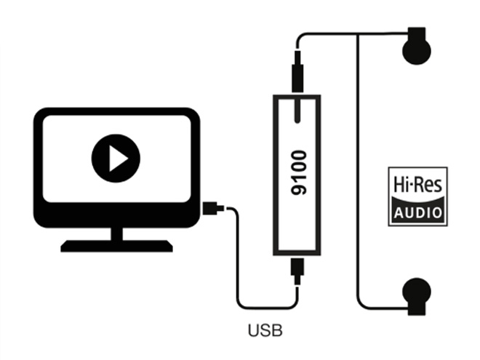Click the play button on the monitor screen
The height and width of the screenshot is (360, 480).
pyautogui.click(x=116, y=158)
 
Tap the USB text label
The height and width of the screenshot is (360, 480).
pyautogui.click(x=265, y=331)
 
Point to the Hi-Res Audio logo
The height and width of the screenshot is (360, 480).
pyautogui.click(x=417, y=196)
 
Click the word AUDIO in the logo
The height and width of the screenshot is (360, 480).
pyautogui.click(x=417, y=212)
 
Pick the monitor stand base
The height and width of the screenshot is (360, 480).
pyautogui.click(x=116, y=246)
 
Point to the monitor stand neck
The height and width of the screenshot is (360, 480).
pyautogui.click(x=116, y=233)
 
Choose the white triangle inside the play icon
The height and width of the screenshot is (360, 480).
pyautogui.click(x=118, y=158)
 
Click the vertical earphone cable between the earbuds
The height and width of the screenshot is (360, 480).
pyautogui.click(x=358, y=167)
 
